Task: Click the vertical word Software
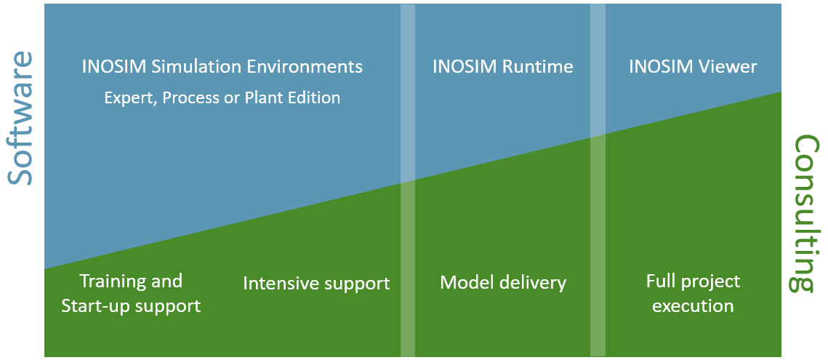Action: click(20, 118)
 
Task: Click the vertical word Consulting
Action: click(805, 214)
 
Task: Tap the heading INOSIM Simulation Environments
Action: click(222, 67)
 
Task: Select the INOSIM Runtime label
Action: click(502, 67)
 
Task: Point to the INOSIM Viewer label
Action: click(692, 67)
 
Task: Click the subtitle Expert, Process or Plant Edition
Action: click(222, 97)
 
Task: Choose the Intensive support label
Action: click(316, 283)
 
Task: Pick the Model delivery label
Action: click(502, 282)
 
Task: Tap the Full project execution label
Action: click(693, 293)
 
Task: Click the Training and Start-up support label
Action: click(131, 293)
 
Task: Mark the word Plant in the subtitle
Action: click(272, 97)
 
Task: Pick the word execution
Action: click(693, 306)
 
